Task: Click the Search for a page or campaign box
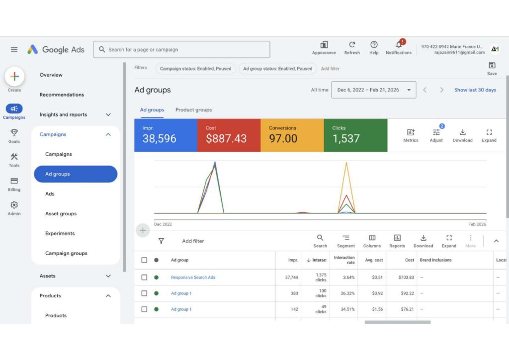181,49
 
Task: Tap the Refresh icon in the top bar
352,44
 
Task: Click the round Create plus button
14,76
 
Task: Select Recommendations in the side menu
62,95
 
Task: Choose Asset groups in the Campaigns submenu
61,214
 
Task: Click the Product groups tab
193,110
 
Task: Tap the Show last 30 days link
475,90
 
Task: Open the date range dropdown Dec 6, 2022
374,90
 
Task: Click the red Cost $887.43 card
229,135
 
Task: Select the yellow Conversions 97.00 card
292,135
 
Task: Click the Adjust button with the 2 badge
436,135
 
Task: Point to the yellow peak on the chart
346,162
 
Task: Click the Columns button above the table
372,241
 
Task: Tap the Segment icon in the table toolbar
346,238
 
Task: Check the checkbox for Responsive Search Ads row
144,277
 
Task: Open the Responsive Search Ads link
193,277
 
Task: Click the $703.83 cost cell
406,277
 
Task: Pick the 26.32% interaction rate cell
347,293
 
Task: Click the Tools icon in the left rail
14,157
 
